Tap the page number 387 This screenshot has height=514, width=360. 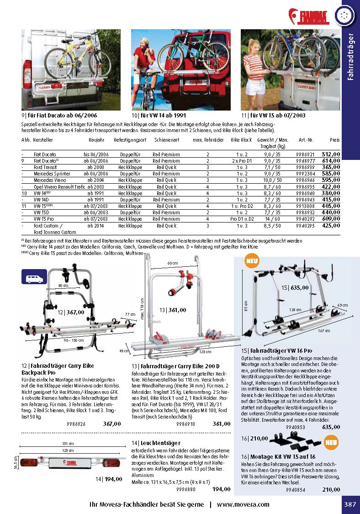[x=350, y=504]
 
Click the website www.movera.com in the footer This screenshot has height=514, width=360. [x=243, y=505]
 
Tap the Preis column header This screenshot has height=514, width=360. [x=335, y=140]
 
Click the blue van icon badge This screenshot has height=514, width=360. [x=34, y=277]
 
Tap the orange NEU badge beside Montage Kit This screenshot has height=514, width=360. [x=331, y=442]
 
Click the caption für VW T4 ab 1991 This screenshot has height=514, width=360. [x=159, y=115]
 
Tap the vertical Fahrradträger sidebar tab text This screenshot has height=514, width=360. [x=351, y=57]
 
